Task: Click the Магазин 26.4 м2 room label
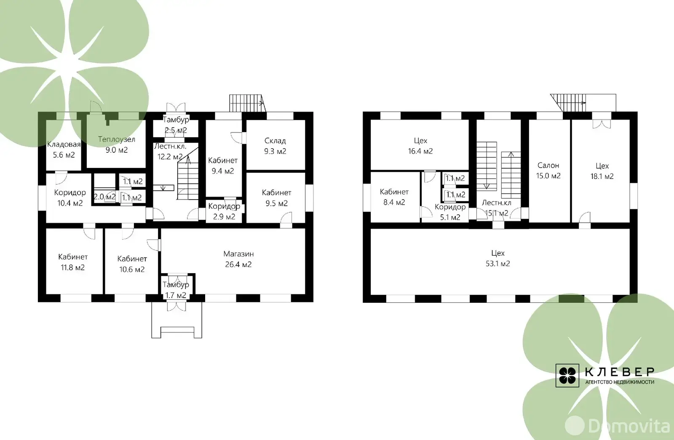tap(238, 259)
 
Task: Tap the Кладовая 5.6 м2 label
tap(64, 150)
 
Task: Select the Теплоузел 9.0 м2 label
tap(117, 144)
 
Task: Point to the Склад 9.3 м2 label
tap(275, 146)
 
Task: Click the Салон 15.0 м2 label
tap(548, 171)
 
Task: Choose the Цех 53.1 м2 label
tap(497, 259)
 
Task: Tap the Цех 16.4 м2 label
tap(420, 146)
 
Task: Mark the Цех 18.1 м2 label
tap(602, 171)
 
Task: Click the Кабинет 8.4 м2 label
tap(394, 197)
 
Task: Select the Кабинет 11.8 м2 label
tap(73, 262)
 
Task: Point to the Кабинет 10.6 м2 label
tap(132, 264)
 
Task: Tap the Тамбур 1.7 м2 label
tap(176, 290)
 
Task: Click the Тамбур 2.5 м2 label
tap(176, 125)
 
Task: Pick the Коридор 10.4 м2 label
tap(70, 197)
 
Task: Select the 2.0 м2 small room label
tap(104, 197)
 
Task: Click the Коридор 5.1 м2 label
tap(450, 212)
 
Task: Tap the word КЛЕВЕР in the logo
tap(619, 372)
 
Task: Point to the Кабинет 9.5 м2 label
tap(276, 198)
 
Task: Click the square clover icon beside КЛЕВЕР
tap(567, 376)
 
